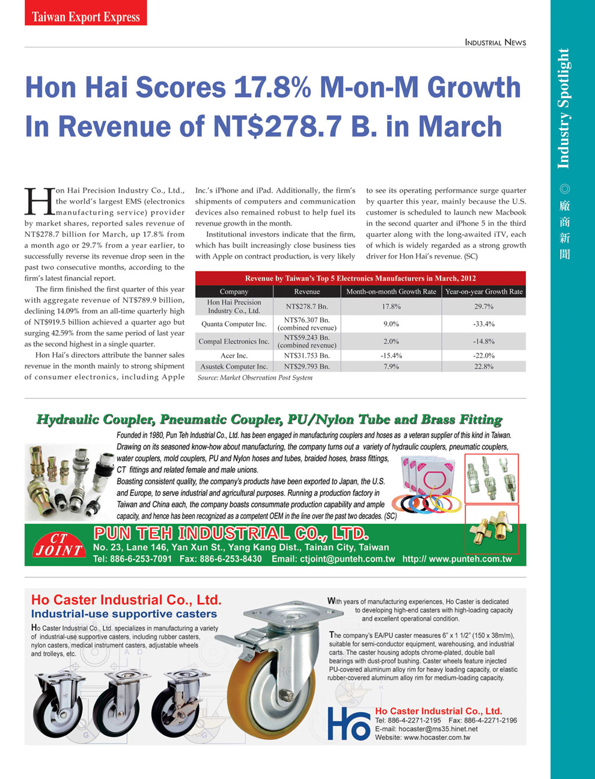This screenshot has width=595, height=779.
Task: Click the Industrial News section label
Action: tap(495, 43)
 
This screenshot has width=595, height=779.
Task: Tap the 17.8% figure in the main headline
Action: tap(272, 88)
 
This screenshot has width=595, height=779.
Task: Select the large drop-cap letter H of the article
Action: tap(38, 202)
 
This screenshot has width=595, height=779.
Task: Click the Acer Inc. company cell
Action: tap(234, 356)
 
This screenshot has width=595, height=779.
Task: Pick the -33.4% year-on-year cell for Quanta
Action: tap(483, 324)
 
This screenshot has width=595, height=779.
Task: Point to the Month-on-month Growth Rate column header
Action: tap(391, 292)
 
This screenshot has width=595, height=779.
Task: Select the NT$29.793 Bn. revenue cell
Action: tap(307, 366)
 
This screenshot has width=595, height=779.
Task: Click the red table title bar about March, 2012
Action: tap(360, 278)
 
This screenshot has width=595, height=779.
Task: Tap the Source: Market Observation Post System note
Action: tap(255, 377)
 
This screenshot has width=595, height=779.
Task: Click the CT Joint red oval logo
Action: tap(58, 545)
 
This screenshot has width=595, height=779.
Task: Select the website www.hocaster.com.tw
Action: tap(437, 738)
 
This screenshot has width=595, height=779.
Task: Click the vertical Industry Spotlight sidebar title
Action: tap(563, 108)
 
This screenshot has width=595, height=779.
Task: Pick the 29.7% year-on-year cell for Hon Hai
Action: tap(483, 307)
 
